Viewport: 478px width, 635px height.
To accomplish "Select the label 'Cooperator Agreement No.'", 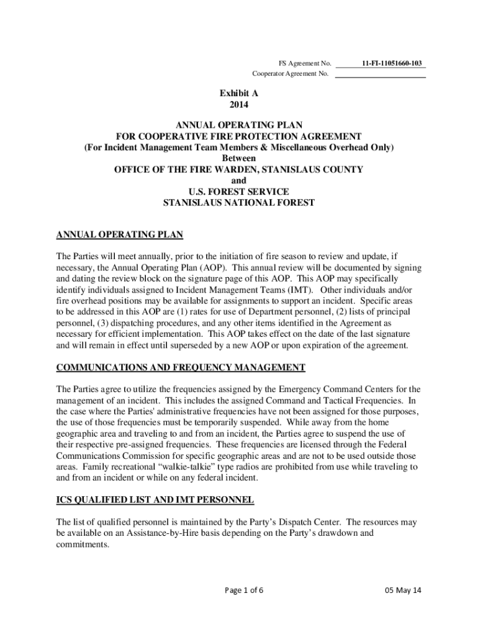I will coord(290,74).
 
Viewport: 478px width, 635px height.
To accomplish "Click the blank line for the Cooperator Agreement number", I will coord(380,76).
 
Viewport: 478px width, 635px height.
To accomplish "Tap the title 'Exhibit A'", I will coord(238,93).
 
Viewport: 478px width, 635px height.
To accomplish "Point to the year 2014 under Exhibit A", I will coord(238,105).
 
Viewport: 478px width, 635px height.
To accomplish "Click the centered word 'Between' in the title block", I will coord(238,158).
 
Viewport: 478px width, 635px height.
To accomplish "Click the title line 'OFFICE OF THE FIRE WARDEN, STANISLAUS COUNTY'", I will coord(238,169).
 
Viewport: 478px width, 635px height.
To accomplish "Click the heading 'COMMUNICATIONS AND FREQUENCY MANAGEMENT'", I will coord(181,368).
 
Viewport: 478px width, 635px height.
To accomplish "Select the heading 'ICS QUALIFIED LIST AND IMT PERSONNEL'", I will coord(155,499).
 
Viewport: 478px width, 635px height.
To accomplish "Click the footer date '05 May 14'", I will coord(403,590).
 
